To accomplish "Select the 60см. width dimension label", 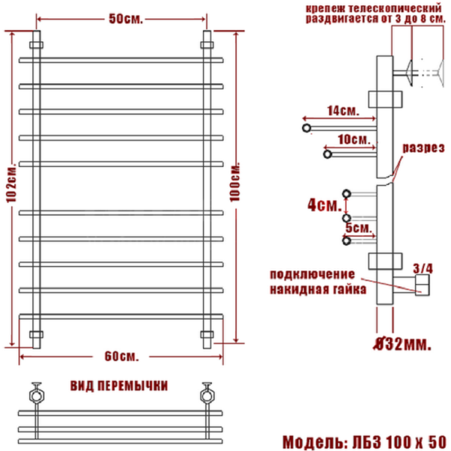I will click(x=122, y=354).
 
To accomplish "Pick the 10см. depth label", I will click(x=354, y=140).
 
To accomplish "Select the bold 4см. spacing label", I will click(x=325, y=204).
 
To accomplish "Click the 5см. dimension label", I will click(x=356, y=227).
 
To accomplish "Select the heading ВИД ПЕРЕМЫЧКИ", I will click(x=119, y=385).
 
